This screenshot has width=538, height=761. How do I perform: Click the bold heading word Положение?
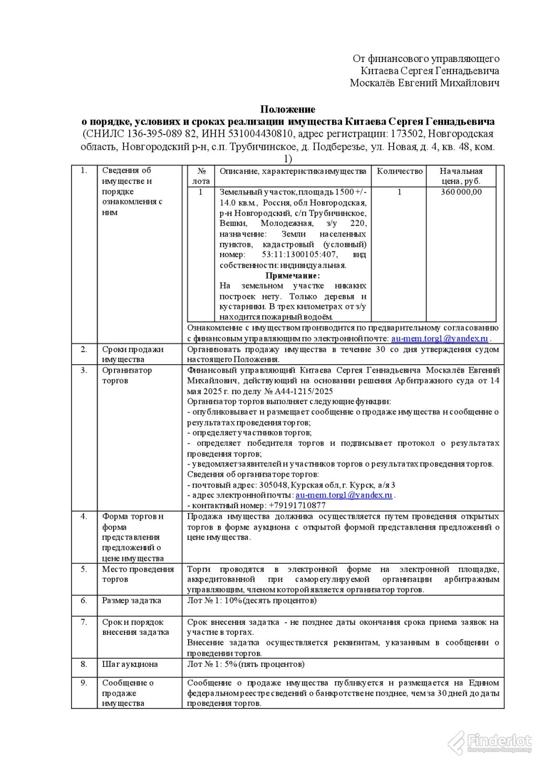point(288,109)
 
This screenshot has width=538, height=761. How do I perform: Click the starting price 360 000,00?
point(461,192)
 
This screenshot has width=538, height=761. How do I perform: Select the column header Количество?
point(399,171)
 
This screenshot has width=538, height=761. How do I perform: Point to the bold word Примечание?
point(292,275)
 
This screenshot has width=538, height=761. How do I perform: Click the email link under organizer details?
point(344,495)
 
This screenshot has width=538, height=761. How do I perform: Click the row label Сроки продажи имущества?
point(132,354)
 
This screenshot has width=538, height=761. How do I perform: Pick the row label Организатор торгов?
point(127,375)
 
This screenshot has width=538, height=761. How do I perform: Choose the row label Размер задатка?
point(131,601)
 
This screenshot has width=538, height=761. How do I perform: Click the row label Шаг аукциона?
point(130,664)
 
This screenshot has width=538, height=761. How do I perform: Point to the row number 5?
point(84,569)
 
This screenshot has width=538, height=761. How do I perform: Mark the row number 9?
point(84,683)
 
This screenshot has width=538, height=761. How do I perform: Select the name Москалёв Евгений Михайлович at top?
point(425,83)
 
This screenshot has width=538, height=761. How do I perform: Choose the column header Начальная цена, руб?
point(461,176)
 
